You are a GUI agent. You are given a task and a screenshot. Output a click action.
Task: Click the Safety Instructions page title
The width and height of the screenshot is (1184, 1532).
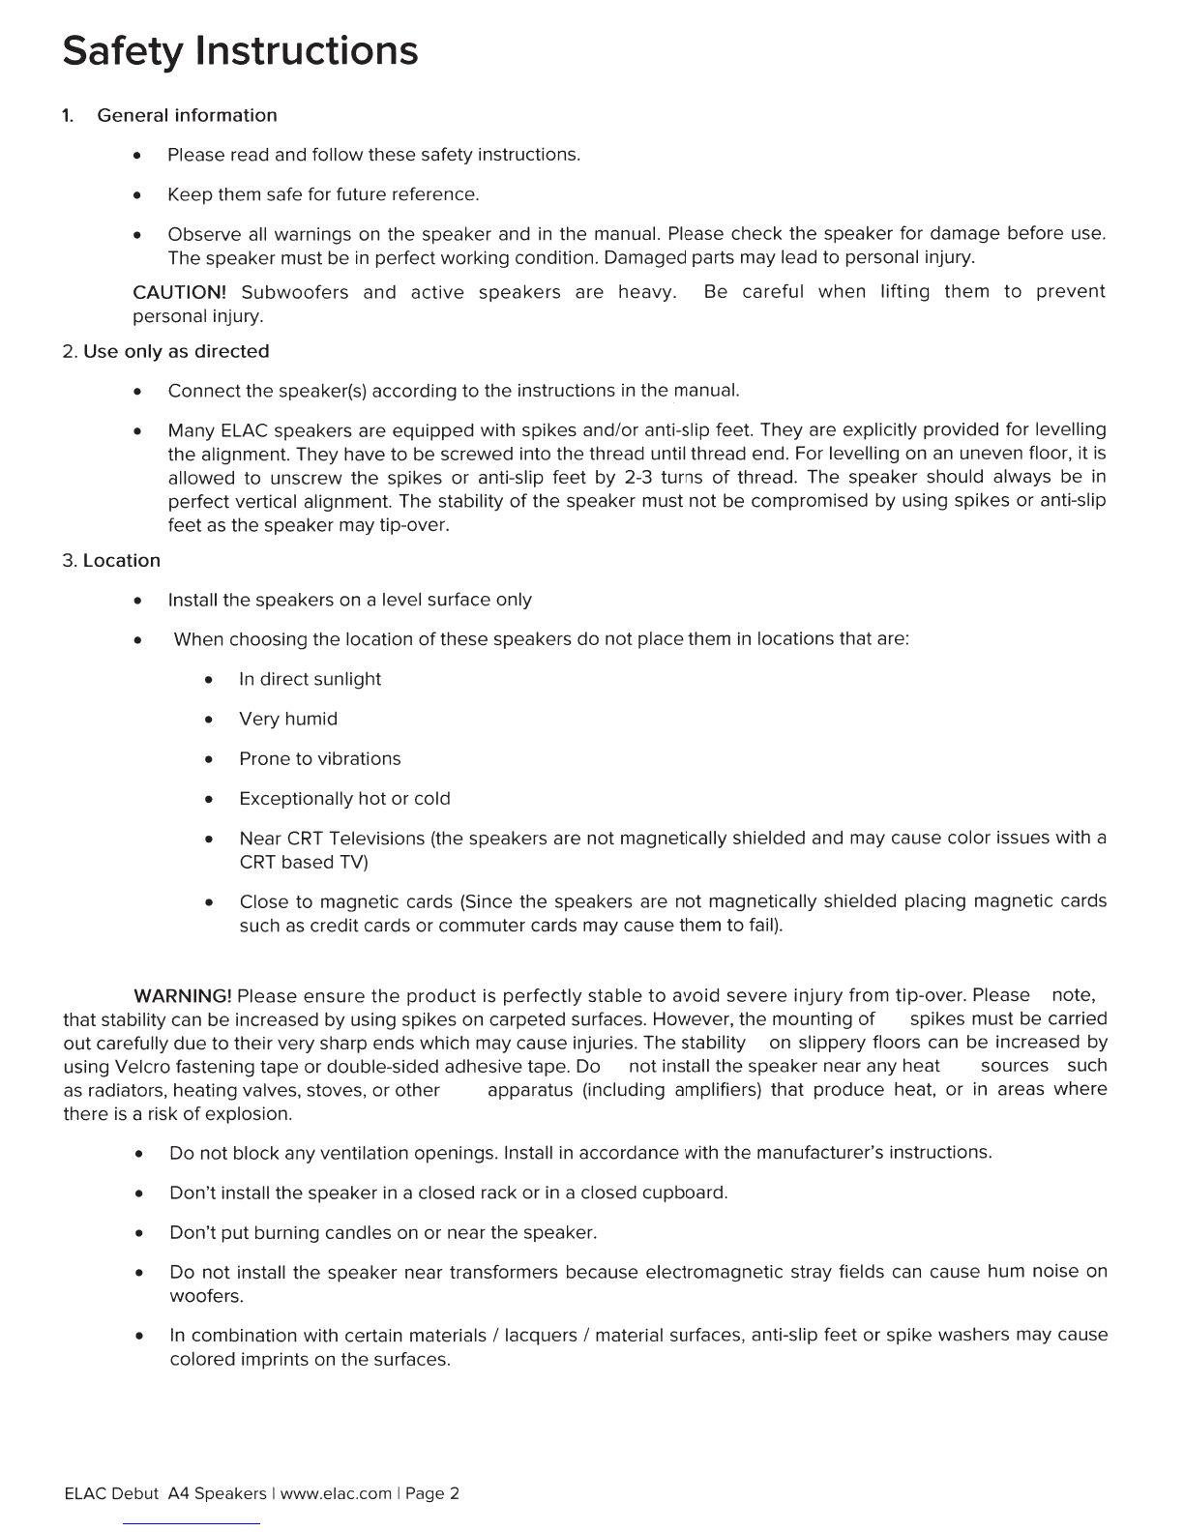(x=240, y=50)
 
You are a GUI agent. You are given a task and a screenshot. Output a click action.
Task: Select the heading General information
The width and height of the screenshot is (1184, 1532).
(x=187, y=115)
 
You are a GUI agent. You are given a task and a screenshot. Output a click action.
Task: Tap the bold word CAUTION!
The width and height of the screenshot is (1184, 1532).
(x=179, y=292)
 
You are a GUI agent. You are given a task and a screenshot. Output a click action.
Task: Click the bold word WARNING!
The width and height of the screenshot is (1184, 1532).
(x=182, y=996)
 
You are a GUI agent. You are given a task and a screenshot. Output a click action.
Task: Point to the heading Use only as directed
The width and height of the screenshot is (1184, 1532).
(x=176, y=351)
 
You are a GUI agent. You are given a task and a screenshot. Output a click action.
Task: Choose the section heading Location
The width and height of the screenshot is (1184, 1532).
(x=122, y=561)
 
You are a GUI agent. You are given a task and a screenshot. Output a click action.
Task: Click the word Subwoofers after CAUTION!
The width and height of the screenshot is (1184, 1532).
(x=294, y=292)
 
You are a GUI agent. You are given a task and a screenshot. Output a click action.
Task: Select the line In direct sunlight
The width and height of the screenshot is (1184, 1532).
(x=310, y=679)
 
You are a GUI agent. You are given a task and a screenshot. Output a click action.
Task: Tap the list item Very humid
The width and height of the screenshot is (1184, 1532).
(x=288, y=719)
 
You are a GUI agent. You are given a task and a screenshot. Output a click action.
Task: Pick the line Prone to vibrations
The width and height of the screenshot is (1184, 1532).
(x=319, y=758)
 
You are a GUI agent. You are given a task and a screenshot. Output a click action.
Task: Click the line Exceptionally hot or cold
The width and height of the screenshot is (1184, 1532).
(x=344, y=798)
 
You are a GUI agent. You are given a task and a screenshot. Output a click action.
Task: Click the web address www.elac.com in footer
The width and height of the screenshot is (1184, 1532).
(x=336, y=1493)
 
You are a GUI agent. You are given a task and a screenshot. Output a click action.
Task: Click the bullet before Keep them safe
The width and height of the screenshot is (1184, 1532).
(x=140, y=195)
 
